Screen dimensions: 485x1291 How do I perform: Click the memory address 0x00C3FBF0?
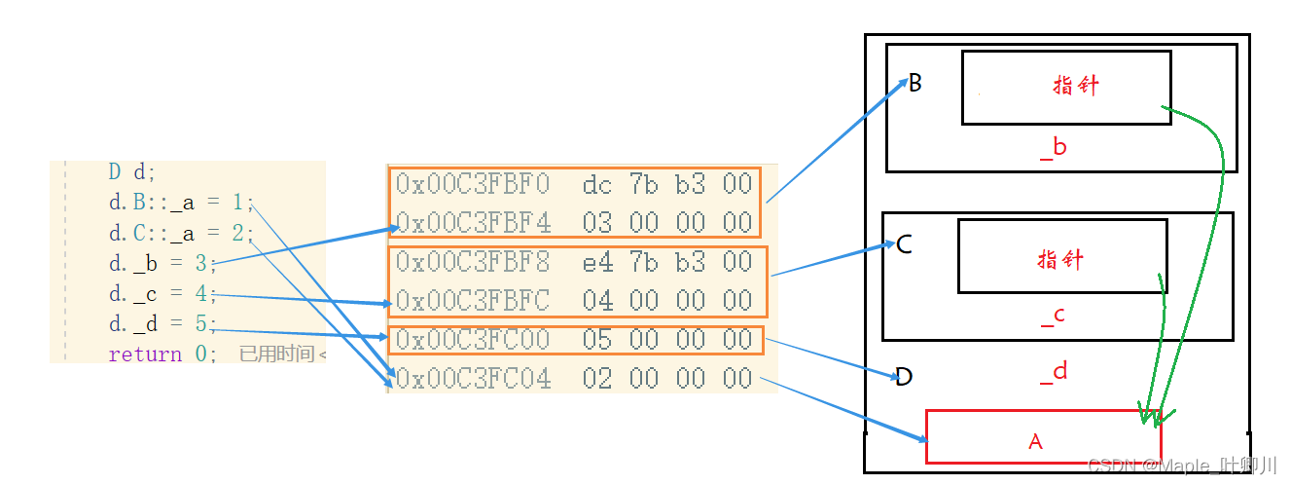pos(473,183)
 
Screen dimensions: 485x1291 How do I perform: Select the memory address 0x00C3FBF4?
pos(473,222)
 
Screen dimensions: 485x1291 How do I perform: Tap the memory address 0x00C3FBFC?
pos(473,300)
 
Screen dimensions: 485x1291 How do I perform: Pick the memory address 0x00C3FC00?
pos(473,339)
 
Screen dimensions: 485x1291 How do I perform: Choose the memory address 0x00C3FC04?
pos(473,378)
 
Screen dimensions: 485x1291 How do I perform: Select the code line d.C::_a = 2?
pos(181,233)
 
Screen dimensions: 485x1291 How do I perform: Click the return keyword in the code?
pos(145,354)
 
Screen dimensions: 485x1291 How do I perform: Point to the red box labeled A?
pos(1036,437)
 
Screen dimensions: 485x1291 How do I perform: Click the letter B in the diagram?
pos(914,83)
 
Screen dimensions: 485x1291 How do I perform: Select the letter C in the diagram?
pos(904,243)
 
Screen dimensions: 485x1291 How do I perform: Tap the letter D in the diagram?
pos(904,377)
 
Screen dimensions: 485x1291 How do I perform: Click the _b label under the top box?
pos(1053,148)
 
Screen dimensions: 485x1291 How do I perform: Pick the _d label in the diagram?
pos(1053,371)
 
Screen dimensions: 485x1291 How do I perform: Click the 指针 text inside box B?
pos(1076,85)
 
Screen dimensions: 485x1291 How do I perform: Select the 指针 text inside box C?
pos(1060,260)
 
